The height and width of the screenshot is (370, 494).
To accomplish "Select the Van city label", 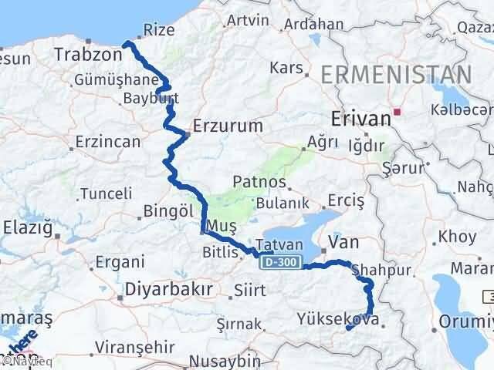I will (343, 243).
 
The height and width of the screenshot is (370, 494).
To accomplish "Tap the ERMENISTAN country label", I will (395, 76).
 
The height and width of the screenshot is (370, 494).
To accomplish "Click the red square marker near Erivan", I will (397, 112).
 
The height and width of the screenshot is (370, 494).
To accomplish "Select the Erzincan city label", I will (108, 142).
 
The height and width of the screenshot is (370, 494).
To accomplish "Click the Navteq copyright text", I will (21, 360).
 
